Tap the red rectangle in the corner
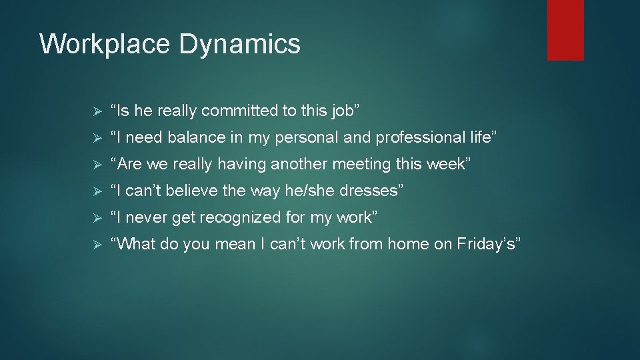(x=565, y=29)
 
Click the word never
(x=147, y=217)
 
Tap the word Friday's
(x=487, y=244)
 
